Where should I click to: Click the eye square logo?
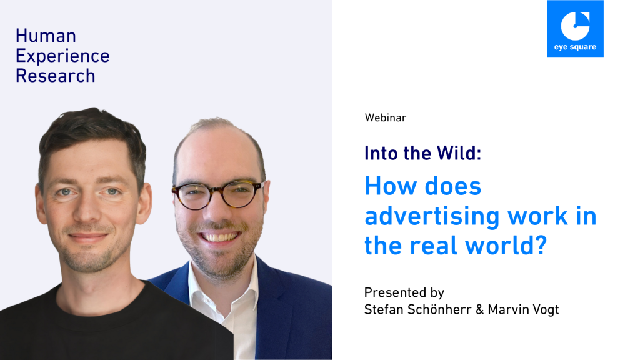click(575, 29)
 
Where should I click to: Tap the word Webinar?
click(385, 118)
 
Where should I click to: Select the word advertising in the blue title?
click(432, 217)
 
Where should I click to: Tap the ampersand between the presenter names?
click(479, 310)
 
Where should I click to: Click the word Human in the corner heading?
click(46, 36)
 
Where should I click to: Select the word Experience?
click(62, 56)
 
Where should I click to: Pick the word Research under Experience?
click(56, 76)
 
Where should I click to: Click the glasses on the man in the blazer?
click(217, 194)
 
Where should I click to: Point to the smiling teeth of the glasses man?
click(219, 237)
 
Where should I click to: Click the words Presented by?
click(404, 292)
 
